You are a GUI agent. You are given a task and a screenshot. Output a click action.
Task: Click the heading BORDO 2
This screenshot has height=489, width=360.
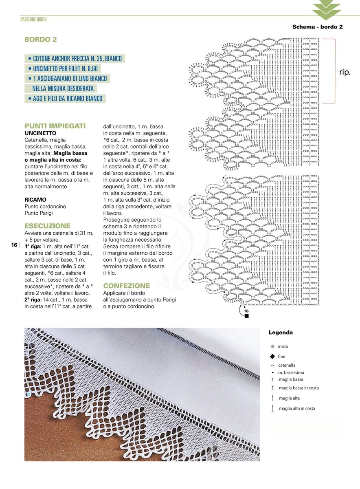[41, 40]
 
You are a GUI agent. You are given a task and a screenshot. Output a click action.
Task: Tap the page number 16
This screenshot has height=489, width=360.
[14, 245]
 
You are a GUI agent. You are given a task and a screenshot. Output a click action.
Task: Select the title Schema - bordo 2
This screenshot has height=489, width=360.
[317, 27]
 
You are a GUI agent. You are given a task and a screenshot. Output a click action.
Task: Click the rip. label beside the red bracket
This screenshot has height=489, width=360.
[345, 72]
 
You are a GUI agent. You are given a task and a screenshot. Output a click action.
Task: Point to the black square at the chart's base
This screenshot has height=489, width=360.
[246, 316]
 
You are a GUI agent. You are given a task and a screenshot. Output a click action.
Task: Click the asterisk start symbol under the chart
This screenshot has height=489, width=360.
[246, 311]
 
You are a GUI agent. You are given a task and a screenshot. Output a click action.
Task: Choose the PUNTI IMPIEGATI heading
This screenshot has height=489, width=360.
[55, 126]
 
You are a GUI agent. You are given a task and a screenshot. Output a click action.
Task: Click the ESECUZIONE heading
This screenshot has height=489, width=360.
[47, 226]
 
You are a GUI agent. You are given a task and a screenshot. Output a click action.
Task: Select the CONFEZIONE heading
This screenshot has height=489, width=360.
[127, 286]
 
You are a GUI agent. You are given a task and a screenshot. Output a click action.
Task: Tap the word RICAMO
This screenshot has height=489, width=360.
[35, 200]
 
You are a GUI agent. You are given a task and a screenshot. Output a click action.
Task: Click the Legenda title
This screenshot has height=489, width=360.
[281, 333]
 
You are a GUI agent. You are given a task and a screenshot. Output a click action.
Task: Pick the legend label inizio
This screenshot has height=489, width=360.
[283, 346]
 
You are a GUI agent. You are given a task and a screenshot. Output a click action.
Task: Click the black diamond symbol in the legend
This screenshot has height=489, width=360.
[272, 356]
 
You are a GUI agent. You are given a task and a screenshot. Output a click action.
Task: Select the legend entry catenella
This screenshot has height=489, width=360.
[287, 366]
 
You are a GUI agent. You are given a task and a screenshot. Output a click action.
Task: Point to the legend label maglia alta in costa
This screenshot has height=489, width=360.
[297, 408]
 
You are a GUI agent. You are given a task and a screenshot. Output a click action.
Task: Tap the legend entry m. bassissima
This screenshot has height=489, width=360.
[291, 372]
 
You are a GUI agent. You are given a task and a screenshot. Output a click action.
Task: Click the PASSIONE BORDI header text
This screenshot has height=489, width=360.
[33, 20]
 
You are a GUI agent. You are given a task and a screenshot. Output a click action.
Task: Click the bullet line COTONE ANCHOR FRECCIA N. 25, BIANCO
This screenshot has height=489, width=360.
[75, 59]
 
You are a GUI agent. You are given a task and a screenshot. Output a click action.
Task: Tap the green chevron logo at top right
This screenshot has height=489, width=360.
[326, 10]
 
